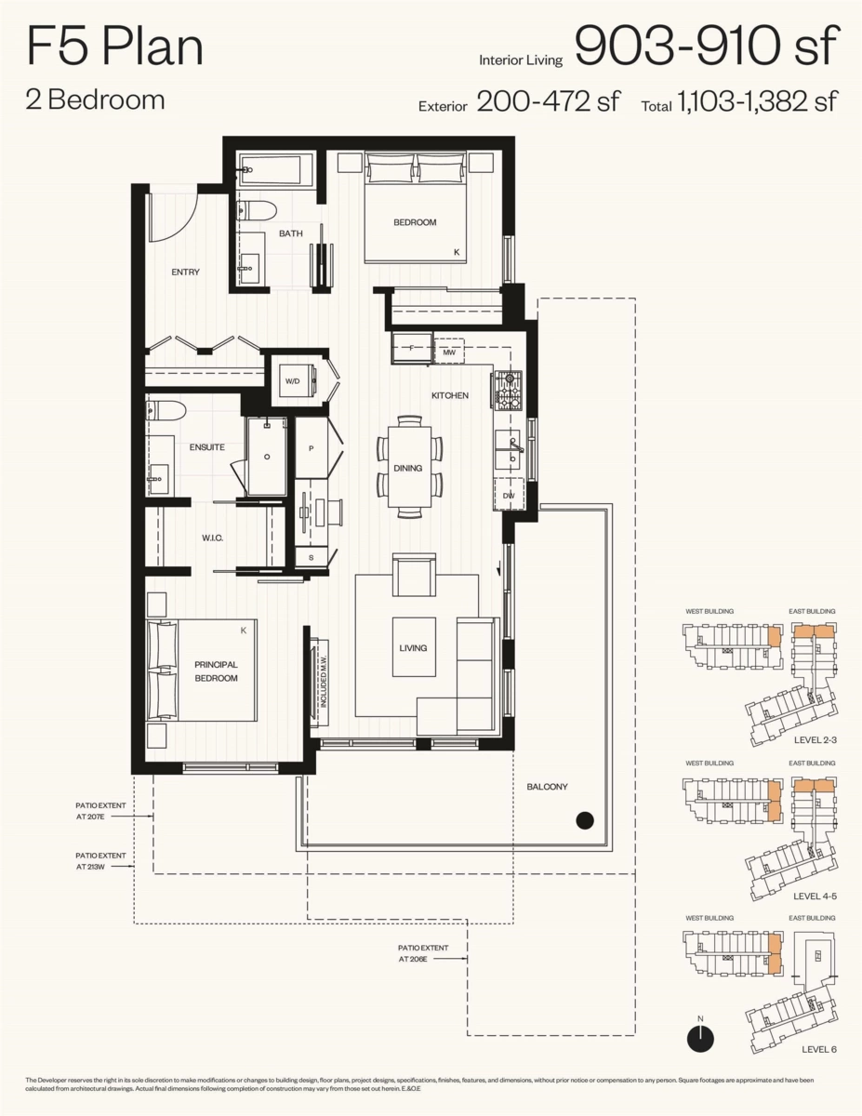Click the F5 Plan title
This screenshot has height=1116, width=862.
115,46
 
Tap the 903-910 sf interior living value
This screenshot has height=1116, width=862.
707,46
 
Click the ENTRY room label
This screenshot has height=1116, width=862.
185,272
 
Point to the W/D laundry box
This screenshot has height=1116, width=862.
291,381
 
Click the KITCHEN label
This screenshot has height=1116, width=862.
449,396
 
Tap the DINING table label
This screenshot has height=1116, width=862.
407,469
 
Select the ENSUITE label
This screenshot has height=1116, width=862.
206,447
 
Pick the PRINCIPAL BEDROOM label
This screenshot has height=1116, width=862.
216,671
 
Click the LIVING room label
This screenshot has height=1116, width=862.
413,647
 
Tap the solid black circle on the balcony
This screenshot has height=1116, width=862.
584,819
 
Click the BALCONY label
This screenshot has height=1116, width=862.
547,787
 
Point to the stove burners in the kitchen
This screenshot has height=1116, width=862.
508,392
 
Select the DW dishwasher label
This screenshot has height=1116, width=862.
509,496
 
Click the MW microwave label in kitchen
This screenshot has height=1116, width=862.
448,353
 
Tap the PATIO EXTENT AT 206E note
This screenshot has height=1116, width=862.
423,953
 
